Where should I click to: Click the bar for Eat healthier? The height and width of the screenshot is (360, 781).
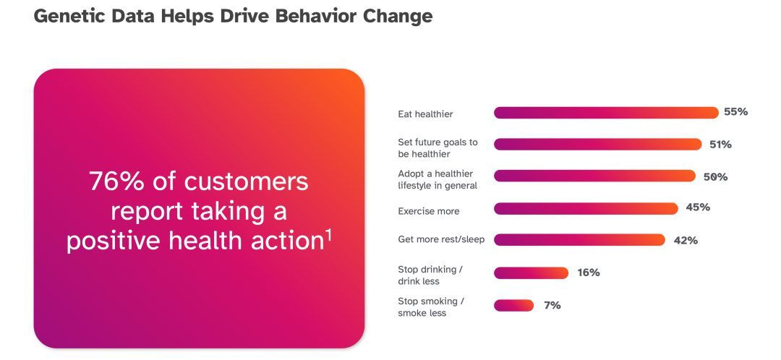[x=606, y=113]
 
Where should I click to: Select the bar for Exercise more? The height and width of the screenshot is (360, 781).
[x=586, y=209]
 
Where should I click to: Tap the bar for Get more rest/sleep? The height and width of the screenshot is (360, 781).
[x=579, y=240]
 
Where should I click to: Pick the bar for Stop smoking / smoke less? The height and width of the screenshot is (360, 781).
[x=513, y=305]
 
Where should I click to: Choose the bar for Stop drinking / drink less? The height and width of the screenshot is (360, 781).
[x=531, y=273]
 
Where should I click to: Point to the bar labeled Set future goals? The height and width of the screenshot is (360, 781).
[x=598, y=145]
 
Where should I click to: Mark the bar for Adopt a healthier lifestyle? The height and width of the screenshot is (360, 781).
[x=594, y=176]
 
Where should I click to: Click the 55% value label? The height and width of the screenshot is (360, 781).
[x=735, y=112]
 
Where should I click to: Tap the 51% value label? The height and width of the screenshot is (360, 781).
[x=720, y=145]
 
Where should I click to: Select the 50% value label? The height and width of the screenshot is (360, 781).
[x=714, y=177]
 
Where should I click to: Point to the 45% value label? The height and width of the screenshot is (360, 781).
[x=698, y=207]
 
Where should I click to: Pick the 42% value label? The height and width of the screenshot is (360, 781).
[x=686, y=241]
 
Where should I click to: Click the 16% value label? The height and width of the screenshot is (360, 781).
[x=588, y=273]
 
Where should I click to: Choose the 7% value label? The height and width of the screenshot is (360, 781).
[x=552, y=305]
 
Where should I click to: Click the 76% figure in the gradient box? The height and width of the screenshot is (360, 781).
[x=116, y=181]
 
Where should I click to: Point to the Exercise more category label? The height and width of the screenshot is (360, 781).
[x=428, y=211]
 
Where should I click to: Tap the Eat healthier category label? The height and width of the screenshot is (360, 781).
[x=425, y=114]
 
